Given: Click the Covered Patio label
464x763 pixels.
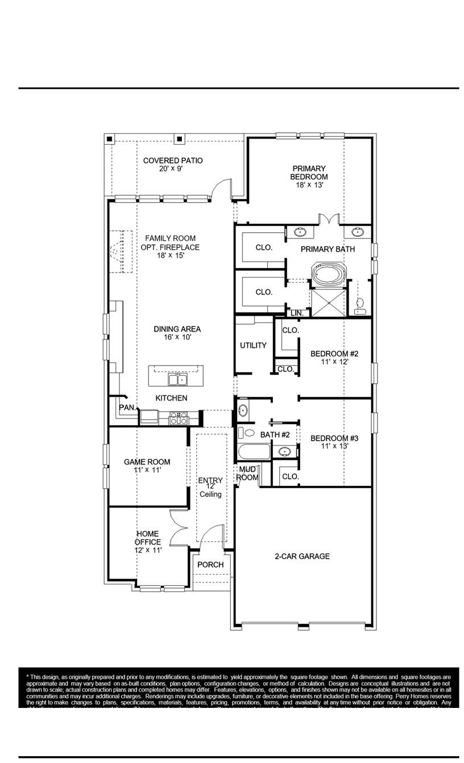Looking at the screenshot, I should (173, 161).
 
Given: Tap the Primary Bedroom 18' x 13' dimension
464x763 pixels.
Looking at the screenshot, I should (309, 185).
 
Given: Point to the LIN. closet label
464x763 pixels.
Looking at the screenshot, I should (297, 313).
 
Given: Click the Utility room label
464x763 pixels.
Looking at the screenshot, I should (253, 345).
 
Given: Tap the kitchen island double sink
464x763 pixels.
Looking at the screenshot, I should (176, 379).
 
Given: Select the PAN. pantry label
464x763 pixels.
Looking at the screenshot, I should (127, 407).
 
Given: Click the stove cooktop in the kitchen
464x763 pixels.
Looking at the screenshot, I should (178, 418).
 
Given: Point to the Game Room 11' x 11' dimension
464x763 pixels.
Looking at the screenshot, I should (147, 470).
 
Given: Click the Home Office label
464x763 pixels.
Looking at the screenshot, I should (148, 538).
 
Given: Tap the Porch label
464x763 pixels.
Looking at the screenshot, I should (210, 564).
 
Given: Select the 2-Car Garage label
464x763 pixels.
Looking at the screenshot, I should (302, 556).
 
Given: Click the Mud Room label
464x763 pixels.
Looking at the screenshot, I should (248, 473).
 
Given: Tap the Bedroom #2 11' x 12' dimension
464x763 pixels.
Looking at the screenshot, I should (334, 362).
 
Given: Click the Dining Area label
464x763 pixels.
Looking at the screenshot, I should (177, 329).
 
